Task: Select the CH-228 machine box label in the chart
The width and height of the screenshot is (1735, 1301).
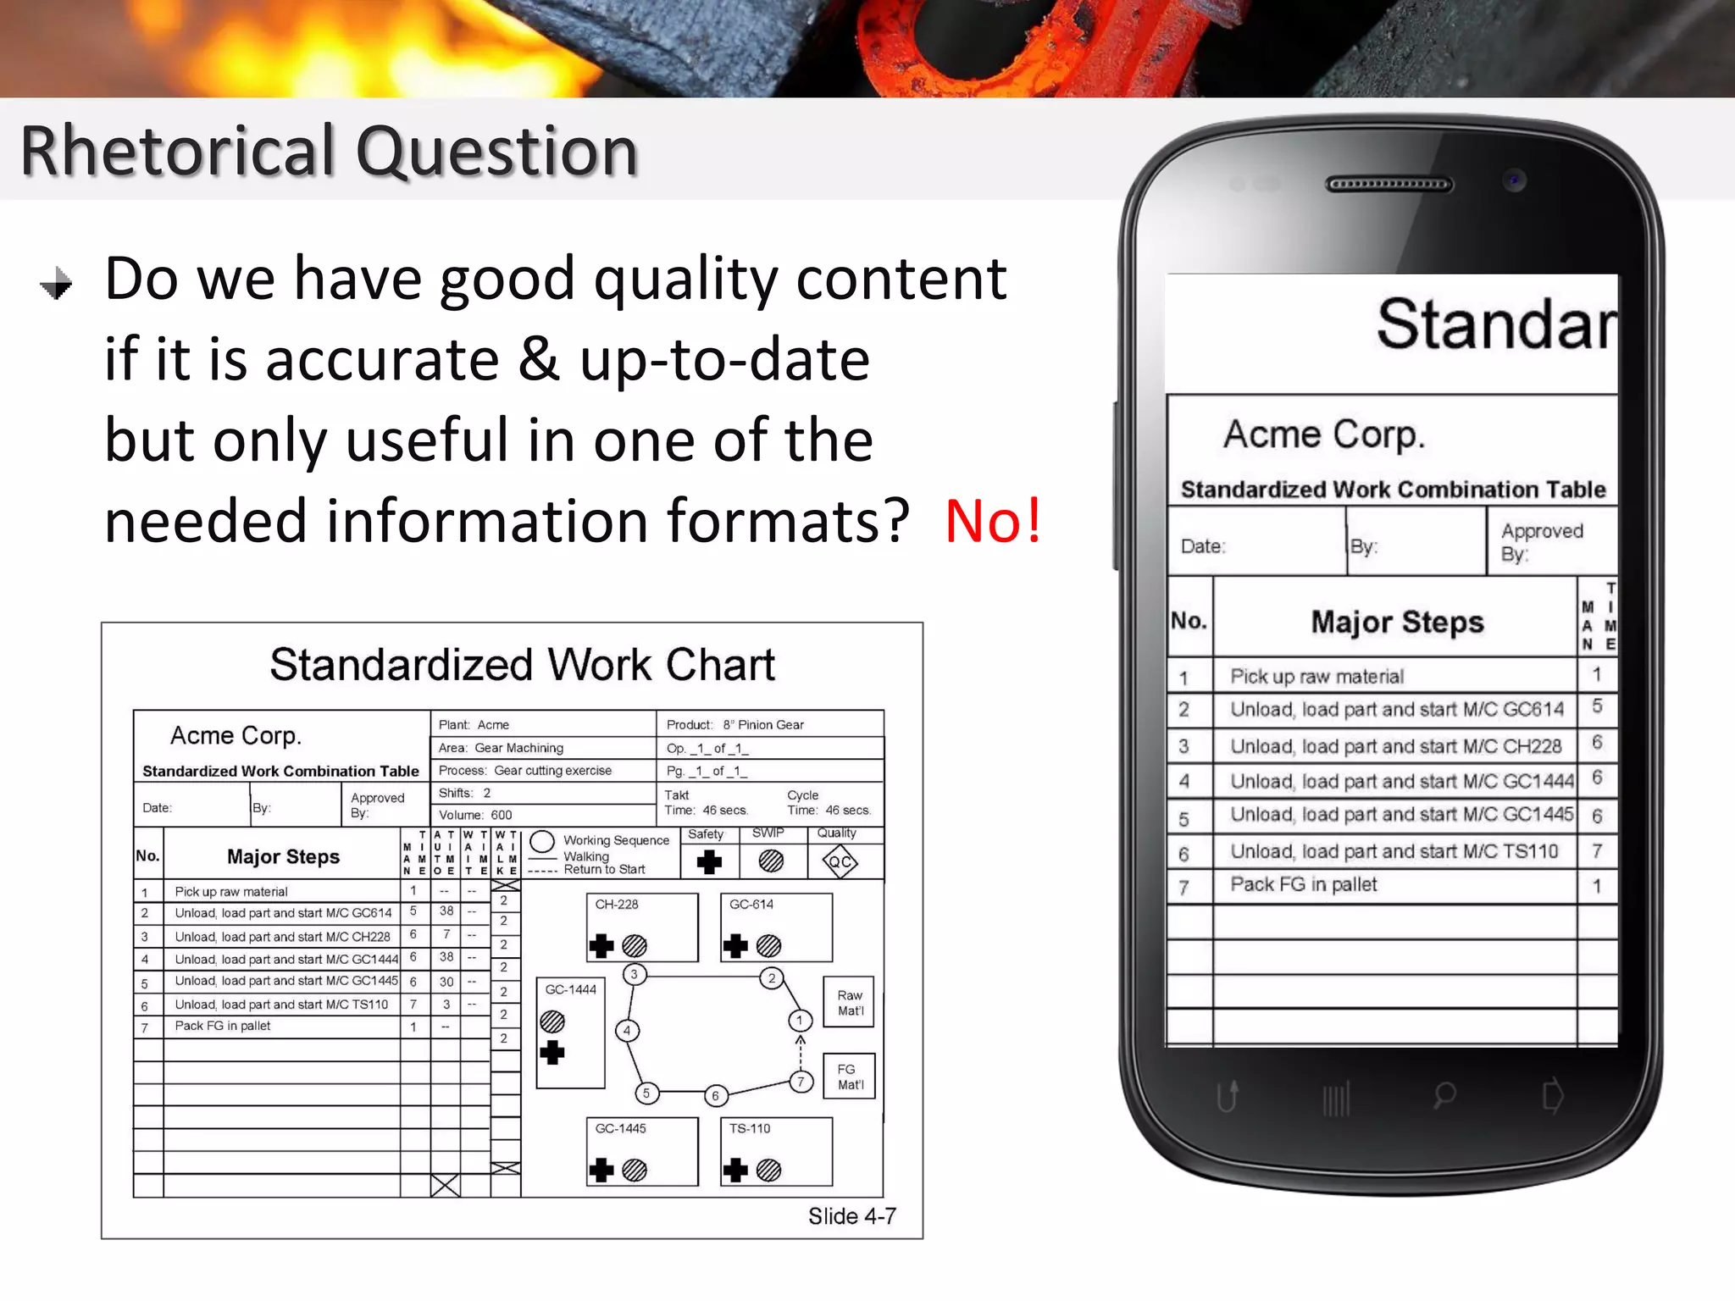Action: pos(616,905)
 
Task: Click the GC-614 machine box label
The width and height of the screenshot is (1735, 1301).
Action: pos(751,905)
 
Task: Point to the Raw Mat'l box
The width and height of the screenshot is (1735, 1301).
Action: pos(849,1003)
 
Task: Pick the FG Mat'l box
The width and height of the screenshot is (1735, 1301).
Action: pos(849,1077)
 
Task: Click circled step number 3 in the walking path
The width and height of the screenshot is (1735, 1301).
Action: pos(634,974)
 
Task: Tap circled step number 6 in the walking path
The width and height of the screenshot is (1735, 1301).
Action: pos(715,1095)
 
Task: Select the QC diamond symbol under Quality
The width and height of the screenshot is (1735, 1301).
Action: pos(839,862)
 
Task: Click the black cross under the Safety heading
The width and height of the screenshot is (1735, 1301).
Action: pos(708,862)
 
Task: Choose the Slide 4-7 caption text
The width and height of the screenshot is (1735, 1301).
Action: pos(851,1216)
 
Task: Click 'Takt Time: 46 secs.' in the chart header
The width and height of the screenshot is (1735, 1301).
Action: pos(706,803)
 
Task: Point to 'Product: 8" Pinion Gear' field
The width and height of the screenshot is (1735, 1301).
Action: pos(734,725)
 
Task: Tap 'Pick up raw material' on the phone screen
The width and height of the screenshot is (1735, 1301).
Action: pos(1316,676)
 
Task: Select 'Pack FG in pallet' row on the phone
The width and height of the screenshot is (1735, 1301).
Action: pos(1303,884)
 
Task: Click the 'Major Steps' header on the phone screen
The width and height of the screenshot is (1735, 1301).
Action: pos(1397,622)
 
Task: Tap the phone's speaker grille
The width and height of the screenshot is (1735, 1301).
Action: pos(1389,185)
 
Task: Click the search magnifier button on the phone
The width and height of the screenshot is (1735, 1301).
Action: pos(1444,1096)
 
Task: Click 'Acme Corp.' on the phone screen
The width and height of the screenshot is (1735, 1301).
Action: pos(1324,435)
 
